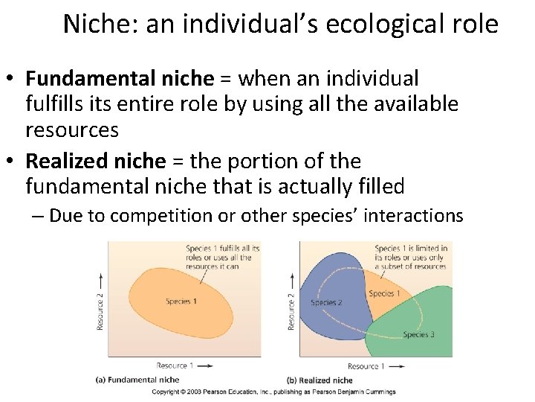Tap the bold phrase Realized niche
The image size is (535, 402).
point(96,161)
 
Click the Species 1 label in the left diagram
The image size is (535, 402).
point(181,301)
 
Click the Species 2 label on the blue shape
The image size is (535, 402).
point(326,302)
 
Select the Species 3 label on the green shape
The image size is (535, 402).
point(418,335)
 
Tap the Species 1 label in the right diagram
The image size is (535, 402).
point(384,293)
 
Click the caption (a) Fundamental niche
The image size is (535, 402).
point(137,380)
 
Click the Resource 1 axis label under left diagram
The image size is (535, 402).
point(175,366)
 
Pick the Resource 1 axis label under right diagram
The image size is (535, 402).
point(366,366)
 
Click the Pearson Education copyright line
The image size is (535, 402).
point(273,392)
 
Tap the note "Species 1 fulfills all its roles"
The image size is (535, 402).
point(223,257)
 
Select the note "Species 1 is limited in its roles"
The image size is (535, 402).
point(410,257)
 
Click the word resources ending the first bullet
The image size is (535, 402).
point(72,130)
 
